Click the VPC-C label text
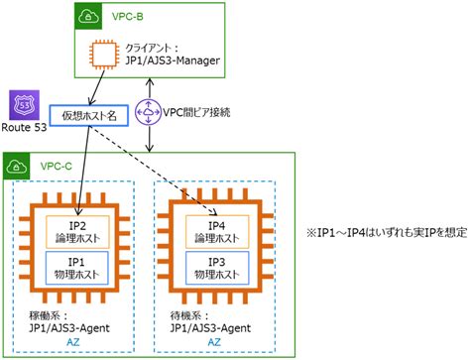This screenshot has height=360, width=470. coord(53,168)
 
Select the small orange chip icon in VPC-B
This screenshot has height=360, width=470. coord(103,56)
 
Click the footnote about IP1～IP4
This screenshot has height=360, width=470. coord(386,233)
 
